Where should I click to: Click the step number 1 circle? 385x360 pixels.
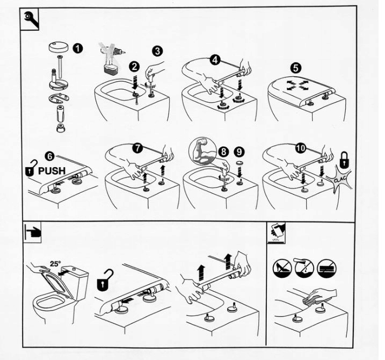[77, 48]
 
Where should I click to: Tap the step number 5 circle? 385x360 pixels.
[296, 68]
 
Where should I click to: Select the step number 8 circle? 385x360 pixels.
[223, 152]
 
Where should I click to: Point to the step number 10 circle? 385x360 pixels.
[300, 148]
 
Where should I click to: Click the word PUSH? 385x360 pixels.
[52, 170]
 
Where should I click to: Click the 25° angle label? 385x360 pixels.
[55, 264]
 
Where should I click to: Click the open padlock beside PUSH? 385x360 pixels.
[32, 168]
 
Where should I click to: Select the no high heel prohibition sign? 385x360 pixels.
[282, 269]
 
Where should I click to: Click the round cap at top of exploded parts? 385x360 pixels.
[59, 47]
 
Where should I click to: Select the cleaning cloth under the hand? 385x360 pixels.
[310, 301]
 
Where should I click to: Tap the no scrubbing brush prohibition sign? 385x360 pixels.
[326, 269]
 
